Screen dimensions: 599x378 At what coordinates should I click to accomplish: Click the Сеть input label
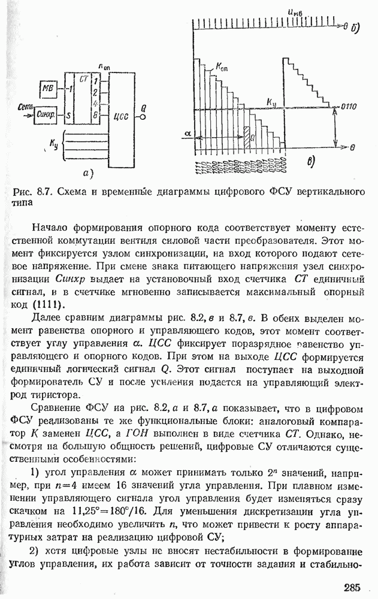click(23, 106)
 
